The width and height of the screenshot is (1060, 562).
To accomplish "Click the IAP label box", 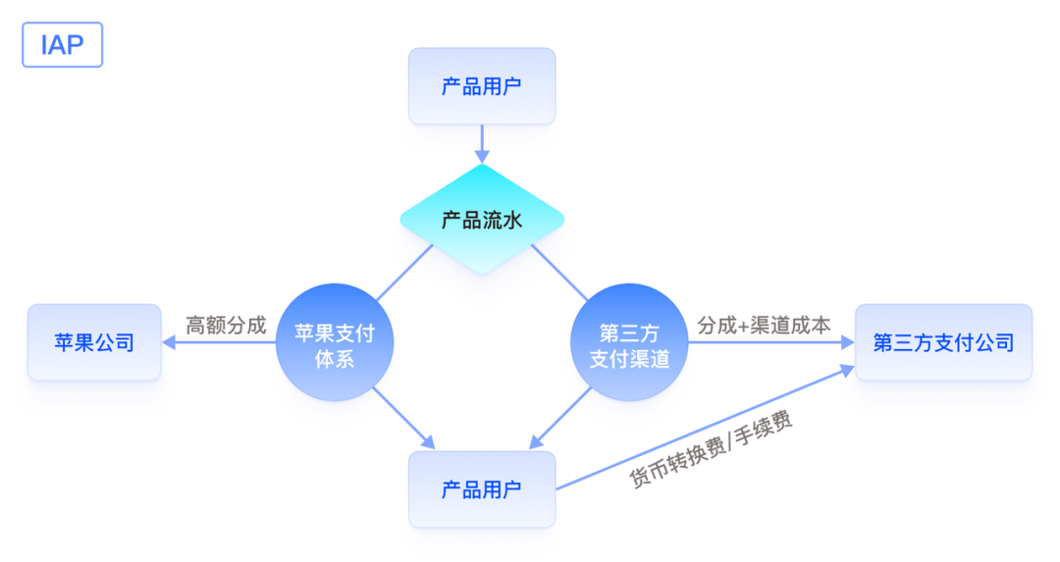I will (62, 45).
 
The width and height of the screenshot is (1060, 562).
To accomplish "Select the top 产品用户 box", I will (482, 86).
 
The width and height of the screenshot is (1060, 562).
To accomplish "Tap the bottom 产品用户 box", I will (482, 489).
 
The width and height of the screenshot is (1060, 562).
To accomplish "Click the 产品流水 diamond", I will (482, 220).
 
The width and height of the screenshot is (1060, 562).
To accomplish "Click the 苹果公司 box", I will (94, 342).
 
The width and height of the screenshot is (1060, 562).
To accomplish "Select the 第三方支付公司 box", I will (943, 342).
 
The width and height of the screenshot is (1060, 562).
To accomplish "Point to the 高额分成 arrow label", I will (226, 326).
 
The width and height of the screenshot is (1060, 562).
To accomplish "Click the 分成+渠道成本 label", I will (764, 326).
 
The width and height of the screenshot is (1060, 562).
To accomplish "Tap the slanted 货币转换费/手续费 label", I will (712, 449).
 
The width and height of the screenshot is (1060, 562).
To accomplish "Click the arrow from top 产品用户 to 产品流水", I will (482, 143).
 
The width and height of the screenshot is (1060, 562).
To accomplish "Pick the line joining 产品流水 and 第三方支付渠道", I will (560, 273).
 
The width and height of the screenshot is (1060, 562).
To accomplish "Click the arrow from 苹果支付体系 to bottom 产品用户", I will (402, 417).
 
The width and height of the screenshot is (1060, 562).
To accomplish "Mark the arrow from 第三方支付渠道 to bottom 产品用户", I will (560, 417).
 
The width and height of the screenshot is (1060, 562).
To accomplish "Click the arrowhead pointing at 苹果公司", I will (168, 342).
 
